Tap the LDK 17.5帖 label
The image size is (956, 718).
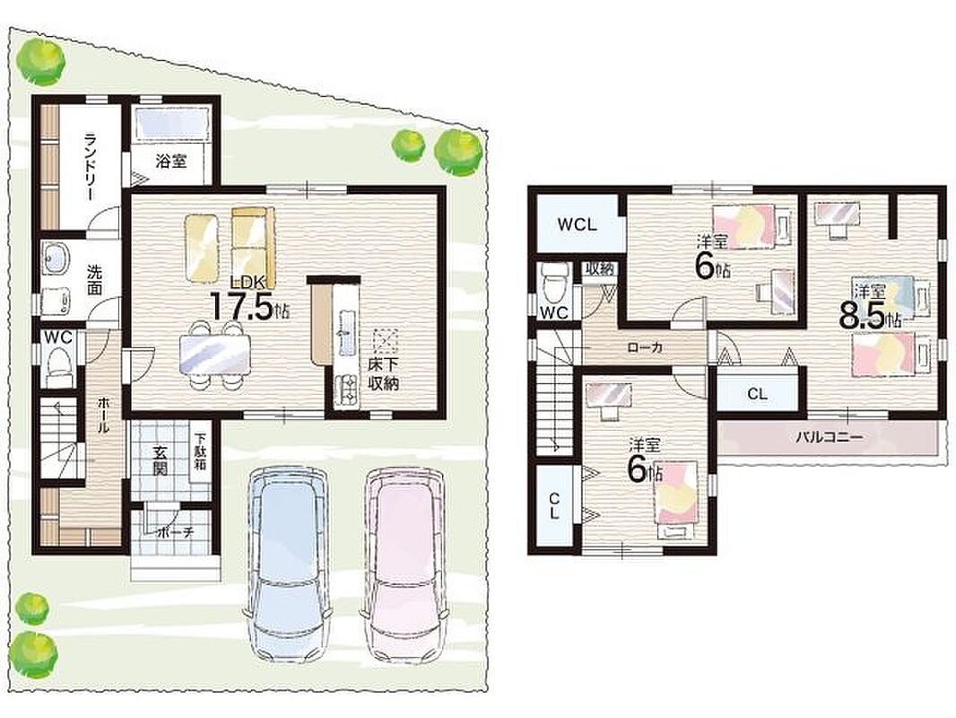(248, 298)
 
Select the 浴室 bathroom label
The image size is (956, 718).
(170, 162)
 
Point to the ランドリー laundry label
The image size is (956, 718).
(90, 166)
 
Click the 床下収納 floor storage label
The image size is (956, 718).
(383, 374)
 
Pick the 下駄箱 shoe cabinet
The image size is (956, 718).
(200, 452)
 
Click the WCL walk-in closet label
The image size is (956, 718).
(577, 224)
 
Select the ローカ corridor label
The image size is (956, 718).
(645, 348)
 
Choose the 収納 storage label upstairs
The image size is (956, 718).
(599, 268)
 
